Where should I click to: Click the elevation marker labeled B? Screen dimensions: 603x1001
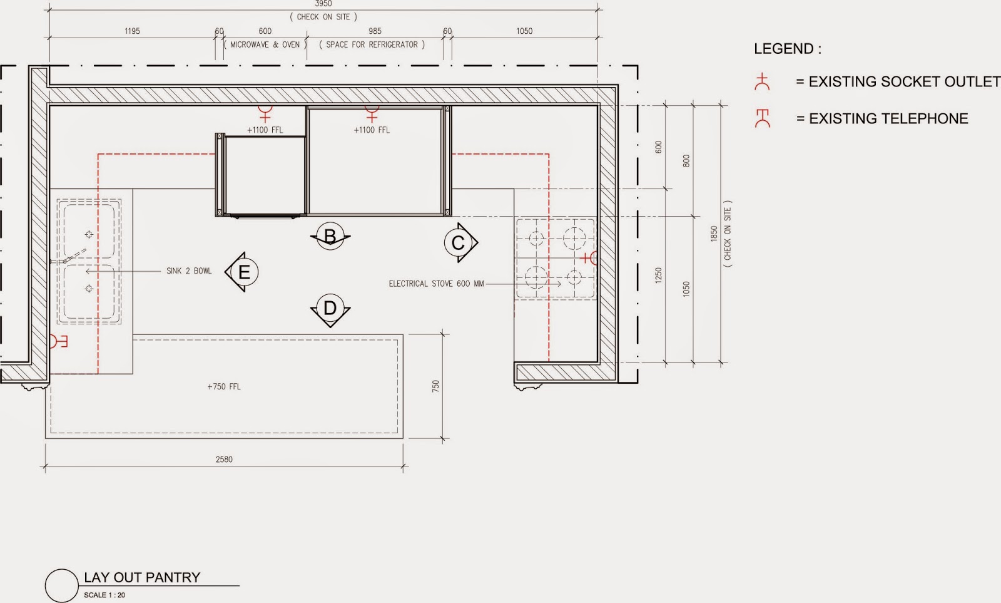point(330,236)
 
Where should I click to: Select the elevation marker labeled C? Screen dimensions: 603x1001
point(459,242)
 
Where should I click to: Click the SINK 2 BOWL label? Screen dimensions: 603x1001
point(189,271)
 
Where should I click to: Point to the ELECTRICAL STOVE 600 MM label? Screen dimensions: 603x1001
point(436,284)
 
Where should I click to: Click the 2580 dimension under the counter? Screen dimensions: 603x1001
point(224,459)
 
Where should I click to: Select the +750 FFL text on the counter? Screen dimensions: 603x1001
point(224,386)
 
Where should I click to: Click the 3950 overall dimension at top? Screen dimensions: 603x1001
point(323,4)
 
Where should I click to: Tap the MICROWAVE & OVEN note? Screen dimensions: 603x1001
point(265,44)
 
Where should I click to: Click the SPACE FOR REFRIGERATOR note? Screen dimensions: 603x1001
point(372,44)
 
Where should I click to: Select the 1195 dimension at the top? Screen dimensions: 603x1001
point(132,31)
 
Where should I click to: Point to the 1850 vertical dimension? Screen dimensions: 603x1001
point(714,234)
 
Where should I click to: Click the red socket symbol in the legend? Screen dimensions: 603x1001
point(762,82)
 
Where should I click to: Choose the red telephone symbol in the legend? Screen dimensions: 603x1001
point(762,118)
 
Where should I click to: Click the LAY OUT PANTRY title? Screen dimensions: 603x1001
point(142,577)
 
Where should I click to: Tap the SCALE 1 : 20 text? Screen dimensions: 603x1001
point(104,595)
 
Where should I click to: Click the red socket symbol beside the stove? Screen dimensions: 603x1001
point(589,257)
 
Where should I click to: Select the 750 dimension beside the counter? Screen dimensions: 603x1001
point(435,386)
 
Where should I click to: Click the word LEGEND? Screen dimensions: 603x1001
point(787,49)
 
